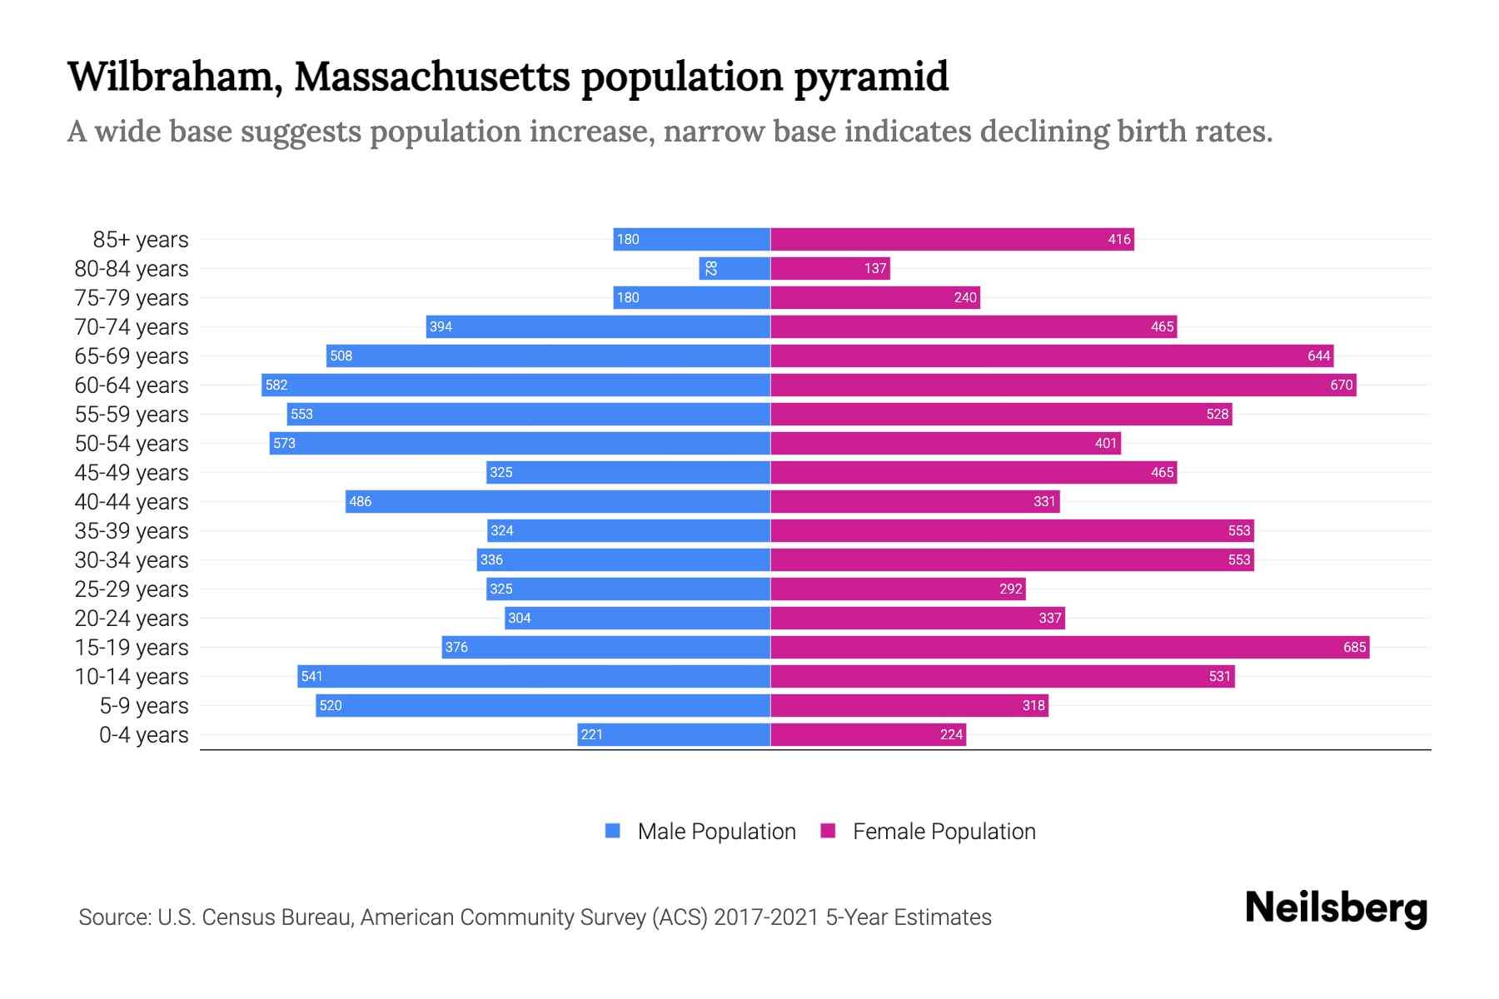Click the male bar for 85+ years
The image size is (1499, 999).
(x=691, y=240)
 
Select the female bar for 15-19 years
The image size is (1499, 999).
(x=1069, y=648)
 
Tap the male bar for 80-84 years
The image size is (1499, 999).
(x=735, y=269)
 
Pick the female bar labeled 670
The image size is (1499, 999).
(x=1063, y=385)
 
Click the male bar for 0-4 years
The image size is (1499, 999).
(x=673, y=735)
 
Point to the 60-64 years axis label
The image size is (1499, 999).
(x=132, y=385)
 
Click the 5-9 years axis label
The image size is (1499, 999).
(x=143, y=706)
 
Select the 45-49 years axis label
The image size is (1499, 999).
(x=132, y=473)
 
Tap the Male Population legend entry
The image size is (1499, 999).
(x=700, y=832)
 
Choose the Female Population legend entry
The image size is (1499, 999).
(x=929, y=832)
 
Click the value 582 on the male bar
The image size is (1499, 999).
(x=276, y=385)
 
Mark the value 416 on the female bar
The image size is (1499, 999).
(x=1118, y=240)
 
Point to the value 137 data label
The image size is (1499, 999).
(x=874, y=269)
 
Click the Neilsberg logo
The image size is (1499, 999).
(x=1336, y=908)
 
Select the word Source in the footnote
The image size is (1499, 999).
(x=113, y=917)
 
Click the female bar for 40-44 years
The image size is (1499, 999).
(x=914, y=502)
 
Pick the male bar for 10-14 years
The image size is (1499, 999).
(x=533, y=677)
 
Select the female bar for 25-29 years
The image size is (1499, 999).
(x=898, y=589)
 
